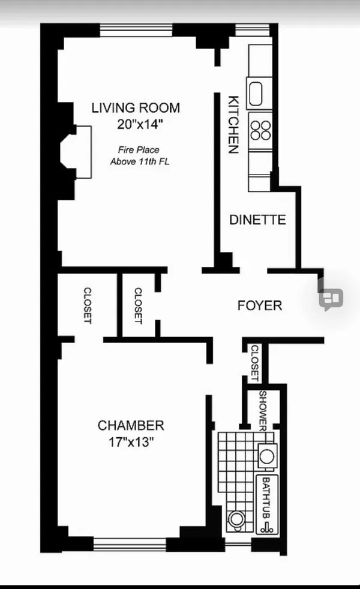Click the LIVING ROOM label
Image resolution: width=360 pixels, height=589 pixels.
[135, 108]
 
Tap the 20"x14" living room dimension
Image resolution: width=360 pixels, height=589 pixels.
[140, 125]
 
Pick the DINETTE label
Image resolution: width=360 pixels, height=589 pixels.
[257, 220]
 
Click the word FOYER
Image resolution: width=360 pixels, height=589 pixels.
[260, 305]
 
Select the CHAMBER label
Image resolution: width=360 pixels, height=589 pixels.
[131, 426]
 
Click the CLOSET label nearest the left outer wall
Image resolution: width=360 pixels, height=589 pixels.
[88, 306]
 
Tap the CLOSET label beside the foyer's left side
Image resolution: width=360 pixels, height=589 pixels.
[138, 306]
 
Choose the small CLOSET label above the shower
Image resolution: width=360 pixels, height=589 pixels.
[254, 363]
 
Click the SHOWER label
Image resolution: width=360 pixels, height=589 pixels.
[263, 411]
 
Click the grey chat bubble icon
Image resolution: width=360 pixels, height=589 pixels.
[331, 297]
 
